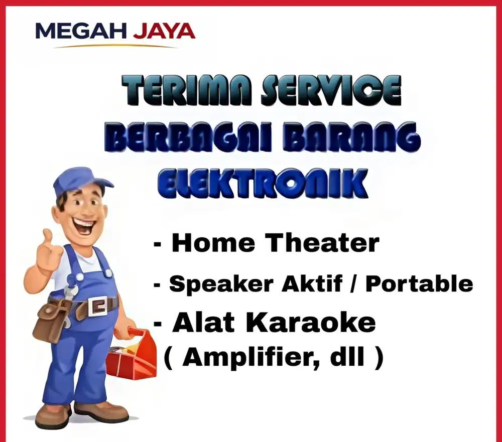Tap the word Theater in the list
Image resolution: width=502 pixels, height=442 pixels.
coord(322,243)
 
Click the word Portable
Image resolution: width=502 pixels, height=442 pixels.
coord(419,284)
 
